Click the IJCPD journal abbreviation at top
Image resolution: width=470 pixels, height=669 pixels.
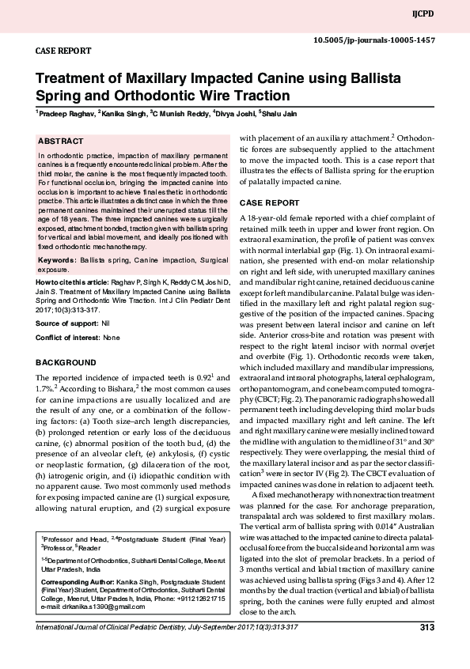tap(445, 14)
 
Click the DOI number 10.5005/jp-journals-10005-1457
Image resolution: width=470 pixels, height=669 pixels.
tap(385, 39)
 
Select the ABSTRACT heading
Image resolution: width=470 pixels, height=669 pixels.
tap(61, 141)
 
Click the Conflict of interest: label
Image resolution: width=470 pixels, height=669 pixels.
tap(68, 338)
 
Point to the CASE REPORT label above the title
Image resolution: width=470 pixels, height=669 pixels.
tap(61, 50)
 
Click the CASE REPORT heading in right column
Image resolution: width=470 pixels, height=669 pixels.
tap(269, 202)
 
